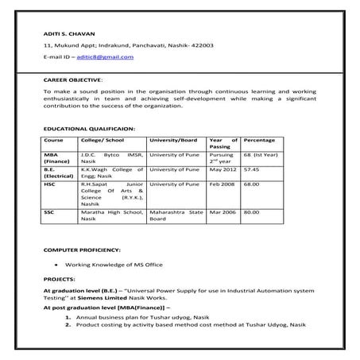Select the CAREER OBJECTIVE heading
(72, 80)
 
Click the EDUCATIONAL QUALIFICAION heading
(89, 128)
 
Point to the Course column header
(53, 139)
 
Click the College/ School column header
(100, 139)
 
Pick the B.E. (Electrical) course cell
(57, 173)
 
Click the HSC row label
(50, 184)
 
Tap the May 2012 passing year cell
(223, 169)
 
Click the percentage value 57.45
(252, 169)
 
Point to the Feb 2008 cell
(223, 184)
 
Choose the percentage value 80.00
(252, 212)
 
